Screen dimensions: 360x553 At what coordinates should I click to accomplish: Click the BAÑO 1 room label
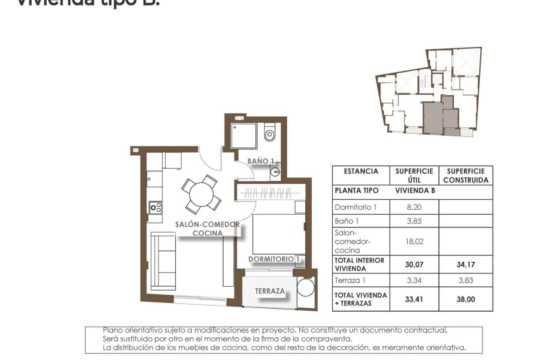(261, 161)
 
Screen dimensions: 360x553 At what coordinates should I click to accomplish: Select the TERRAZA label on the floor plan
(270, 291)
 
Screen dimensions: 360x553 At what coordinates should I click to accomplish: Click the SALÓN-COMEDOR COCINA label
(207, 229)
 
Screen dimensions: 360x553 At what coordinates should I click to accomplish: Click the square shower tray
(243, 136)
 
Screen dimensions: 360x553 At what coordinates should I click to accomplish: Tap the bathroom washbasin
(274, 174)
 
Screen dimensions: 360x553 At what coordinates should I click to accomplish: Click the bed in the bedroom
(278, 234)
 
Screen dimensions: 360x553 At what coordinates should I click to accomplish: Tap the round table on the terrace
(306, 288)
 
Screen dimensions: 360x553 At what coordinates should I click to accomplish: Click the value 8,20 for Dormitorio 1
(414, 207)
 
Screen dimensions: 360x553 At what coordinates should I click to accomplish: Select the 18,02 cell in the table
(414, 241)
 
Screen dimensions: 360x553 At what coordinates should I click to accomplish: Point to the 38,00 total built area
(466, 299)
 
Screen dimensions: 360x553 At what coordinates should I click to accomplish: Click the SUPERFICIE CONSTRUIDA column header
(466, 176)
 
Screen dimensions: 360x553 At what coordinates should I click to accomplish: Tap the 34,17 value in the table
(466, 264)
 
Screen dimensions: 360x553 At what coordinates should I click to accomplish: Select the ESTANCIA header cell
(361, 171)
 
